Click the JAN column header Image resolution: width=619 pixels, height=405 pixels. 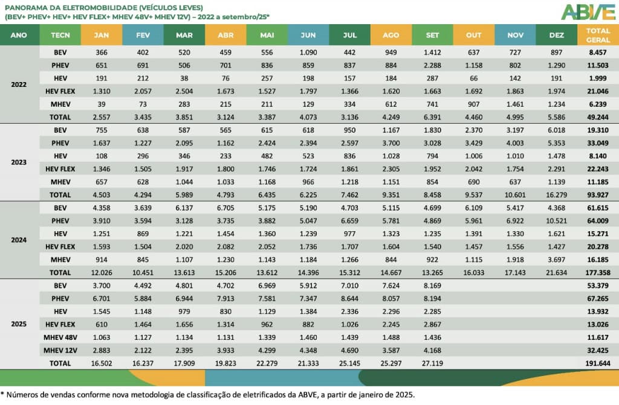[102, 35]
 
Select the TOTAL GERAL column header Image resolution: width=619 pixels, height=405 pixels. [598, 35]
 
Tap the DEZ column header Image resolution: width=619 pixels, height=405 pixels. [556, 35]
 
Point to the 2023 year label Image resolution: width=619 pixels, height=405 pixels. [19, 162]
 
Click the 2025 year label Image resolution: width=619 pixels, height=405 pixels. [19, 324]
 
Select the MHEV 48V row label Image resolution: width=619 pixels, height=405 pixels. [60, 337]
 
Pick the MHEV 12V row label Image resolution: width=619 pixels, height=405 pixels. [60, 350]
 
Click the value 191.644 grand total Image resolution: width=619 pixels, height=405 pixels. [598, 363]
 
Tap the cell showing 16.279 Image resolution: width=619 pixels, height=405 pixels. [556, 195]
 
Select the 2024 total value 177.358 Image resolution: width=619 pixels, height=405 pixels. [598, 273]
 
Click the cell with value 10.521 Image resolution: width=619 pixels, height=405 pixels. [556, 221]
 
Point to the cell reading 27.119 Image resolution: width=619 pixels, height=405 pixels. [433, 363]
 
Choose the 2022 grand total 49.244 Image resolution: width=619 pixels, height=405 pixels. [598, 117]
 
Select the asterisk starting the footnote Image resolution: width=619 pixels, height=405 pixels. [2, 394]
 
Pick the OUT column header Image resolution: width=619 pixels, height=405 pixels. [474, 35]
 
